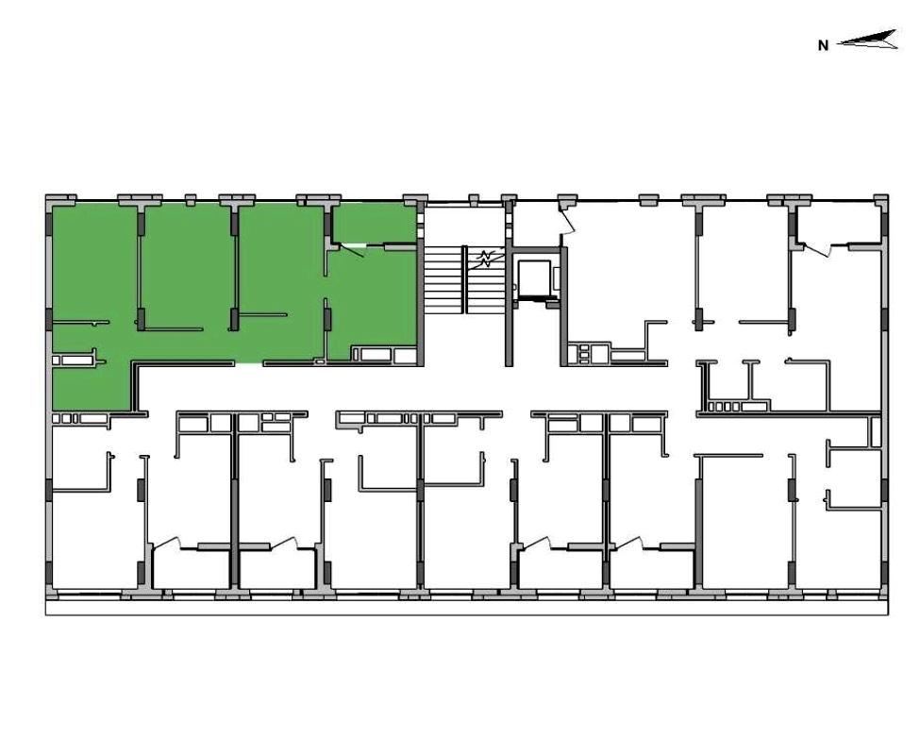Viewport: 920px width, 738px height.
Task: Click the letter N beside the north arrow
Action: [823, 45]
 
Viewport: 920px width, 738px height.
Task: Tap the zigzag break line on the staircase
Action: [485, 259]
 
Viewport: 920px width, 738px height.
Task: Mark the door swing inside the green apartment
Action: [351, 251]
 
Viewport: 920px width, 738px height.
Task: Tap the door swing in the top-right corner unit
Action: [818, 250]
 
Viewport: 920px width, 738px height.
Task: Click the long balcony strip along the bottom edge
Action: [466, 607]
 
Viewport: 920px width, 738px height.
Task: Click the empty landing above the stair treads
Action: [463, 226]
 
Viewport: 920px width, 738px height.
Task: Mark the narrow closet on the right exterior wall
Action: [875, 432]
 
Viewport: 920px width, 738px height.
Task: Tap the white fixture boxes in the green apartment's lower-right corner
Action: [384, 355]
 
